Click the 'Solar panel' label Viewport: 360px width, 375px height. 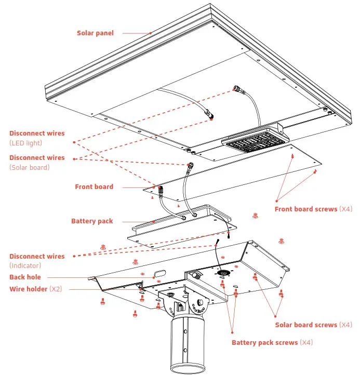pos(95,33)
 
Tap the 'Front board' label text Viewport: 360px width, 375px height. pos(94,187)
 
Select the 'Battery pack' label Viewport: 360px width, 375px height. pos(92,221)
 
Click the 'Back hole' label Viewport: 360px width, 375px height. pos(24,277)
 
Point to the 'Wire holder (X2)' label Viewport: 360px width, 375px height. pos(35,289)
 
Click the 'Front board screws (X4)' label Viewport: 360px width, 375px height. pos(313,209)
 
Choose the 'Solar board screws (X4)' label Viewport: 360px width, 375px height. pos(313,325)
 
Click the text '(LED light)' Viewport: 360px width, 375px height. pos(25,143)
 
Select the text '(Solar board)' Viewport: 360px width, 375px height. pos(29,167)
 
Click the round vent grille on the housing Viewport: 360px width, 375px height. pos(223,273)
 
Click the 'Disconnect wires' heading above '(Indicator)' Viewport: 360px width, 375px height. pos(37,256)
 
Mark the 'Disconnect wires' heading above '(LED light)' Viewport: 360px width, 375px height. pos(37,133)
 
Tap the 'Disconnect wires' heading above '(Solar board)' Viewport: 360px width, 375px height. pos(37,157)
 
